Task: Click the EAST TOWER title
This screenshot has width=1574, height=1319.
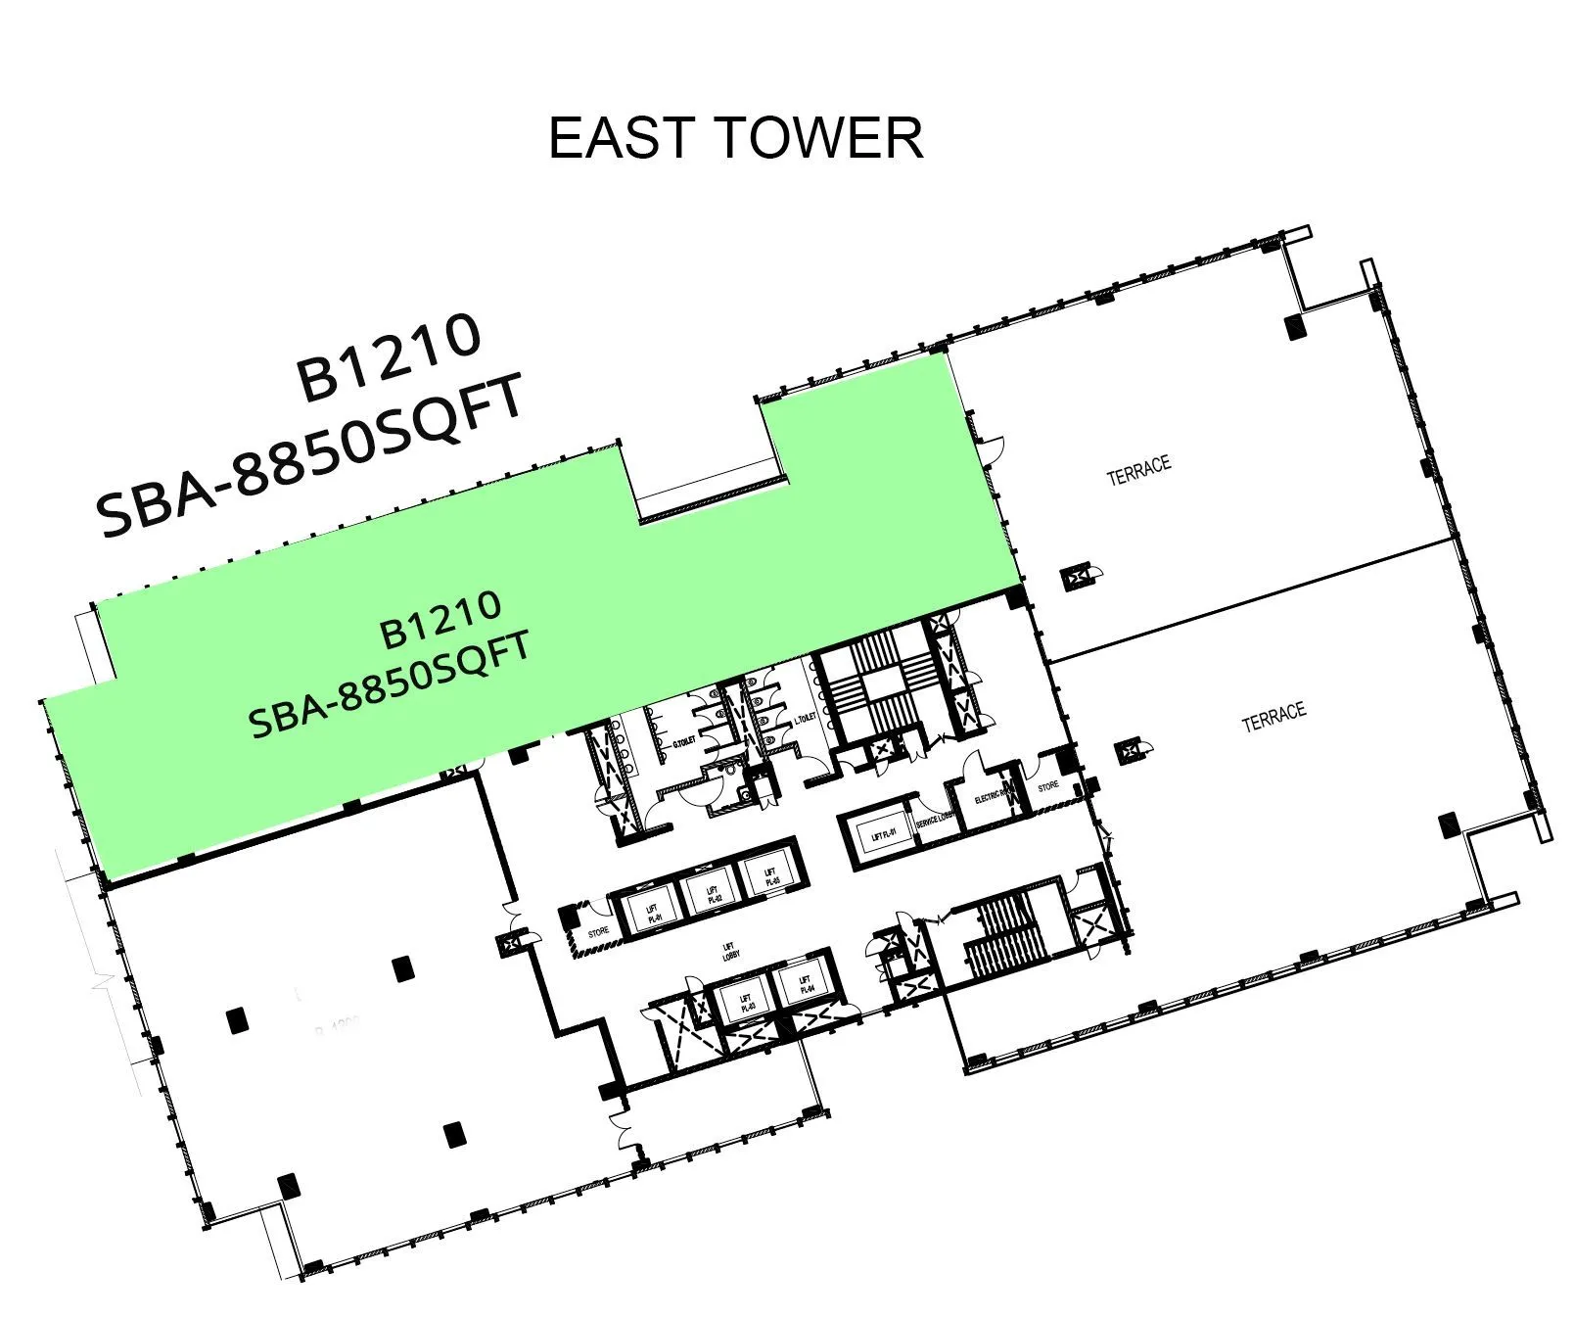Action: [x=735, y=138]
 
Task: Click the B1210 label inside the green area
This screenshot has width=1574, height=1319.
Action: [x=440, y=619]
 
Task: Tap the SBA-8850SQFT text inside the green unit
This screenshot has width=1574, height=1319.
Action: [x=391, y=684]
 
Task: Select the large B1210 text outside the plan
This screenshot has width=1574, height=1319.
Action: [x=389, y=357]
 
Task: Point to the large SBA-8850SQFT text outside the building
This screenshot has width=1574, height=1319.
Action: [x=311, y=458]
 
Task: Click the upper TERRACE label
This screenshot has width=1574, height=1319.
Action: [x=1138, y=470]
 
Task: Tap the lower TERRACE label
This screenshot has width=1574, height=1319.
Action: [x=1273, y=717]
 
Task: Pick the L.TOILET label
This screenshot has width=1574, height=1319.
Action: [x=804, y=719]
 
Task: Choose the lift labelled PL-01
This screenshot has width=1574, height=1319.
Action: [x=652, y=914]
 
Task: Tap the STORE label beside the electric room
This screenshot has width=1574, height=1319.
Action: [x=1047, y=785]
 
